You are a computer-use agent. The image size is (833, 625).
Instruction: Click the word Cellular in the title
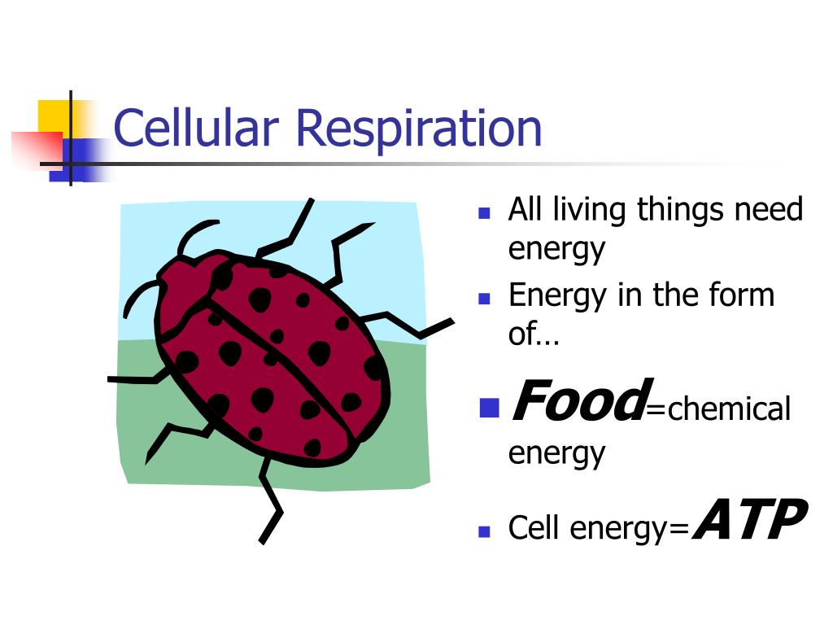click(196, 128)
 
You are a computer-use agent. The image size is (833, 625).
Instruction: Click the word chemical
click(729, 409)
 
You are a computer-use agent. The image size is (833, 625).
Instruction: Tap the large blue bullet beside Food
click(489, 409)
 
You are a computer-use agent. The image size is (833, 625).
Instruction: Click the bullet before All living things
click(484, 213)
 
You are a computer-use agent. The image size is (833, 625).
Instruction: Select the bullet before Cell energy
click(484, 531)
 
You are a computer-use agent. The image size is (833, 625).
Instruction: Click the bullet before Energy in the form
click(484, 299)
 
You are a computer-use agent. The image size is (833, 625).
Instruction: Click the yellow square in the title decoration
click(54, 117)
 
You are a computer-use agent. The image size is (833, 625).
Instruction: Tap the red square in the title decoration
click(37, 150)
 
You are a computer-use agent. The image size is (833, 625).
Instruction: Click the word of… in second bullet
click(534, 333)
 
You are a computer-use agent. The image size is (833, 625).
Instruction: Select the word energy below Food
click(556, 453)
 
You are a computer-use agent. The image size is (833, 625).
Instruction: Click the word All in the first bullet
click(526, 209)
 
